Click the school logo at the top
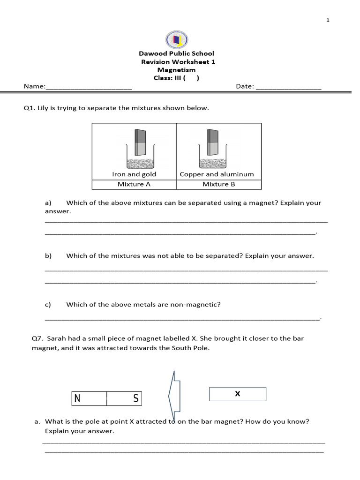tap(177, 39)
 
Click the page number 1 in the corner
tap(328, 20)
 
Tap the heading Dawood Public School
tap(176, 54)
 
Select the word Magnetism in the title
tap(176, 70)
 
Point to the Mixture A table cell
tap(134, 184)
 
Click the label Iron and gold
tap(134, 174)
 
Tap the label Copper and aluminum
tap(217, 174)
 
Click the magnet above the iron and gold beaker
tap(141, 142)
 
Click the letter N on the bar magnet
tap(77, 399)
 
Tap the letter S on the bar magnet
tap(135, 399)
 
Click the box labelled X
tap(238, 394)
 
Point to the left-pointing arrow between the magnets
tap(174, 395)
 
